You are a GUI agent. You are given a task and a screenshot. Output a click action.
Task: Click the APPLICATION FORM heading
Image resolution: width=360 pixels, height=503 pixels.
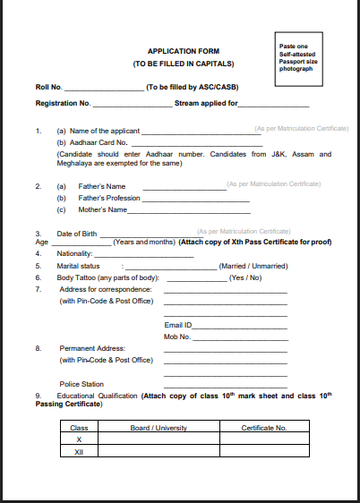pos(183,51)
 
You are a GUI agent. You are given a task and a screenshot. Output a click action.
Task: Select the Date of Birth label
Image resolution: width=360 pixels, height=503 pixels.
pos(76,233)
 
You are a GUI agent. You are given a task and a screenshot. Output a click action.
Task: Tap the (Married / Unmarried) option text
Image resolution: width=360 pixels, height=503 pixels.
pos(253,266)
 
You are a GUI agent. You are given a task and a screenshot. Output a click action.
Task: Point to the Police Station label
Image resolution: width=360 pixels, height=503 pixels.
pos(82,383)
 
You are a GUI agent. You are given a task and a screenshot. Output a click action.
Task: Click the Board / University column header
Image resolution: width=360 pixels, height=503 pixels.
pos(159,428)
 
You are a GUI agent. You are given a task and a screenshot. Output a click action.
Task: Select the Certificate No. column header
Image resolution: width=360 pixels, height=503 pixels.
pos(264,428)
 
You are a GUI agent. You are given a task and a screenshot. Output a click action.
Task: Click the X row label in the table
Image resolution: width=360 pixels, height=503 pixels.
pos(79,439)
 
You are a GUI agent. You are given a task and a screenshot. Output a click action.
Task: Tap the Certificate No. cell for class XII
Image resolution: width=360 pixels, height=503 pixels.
pos(264,452)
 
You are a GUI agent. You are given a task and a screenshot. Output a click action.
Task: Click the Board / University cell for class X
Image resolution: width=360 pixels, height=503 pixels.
pos(159,439)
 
